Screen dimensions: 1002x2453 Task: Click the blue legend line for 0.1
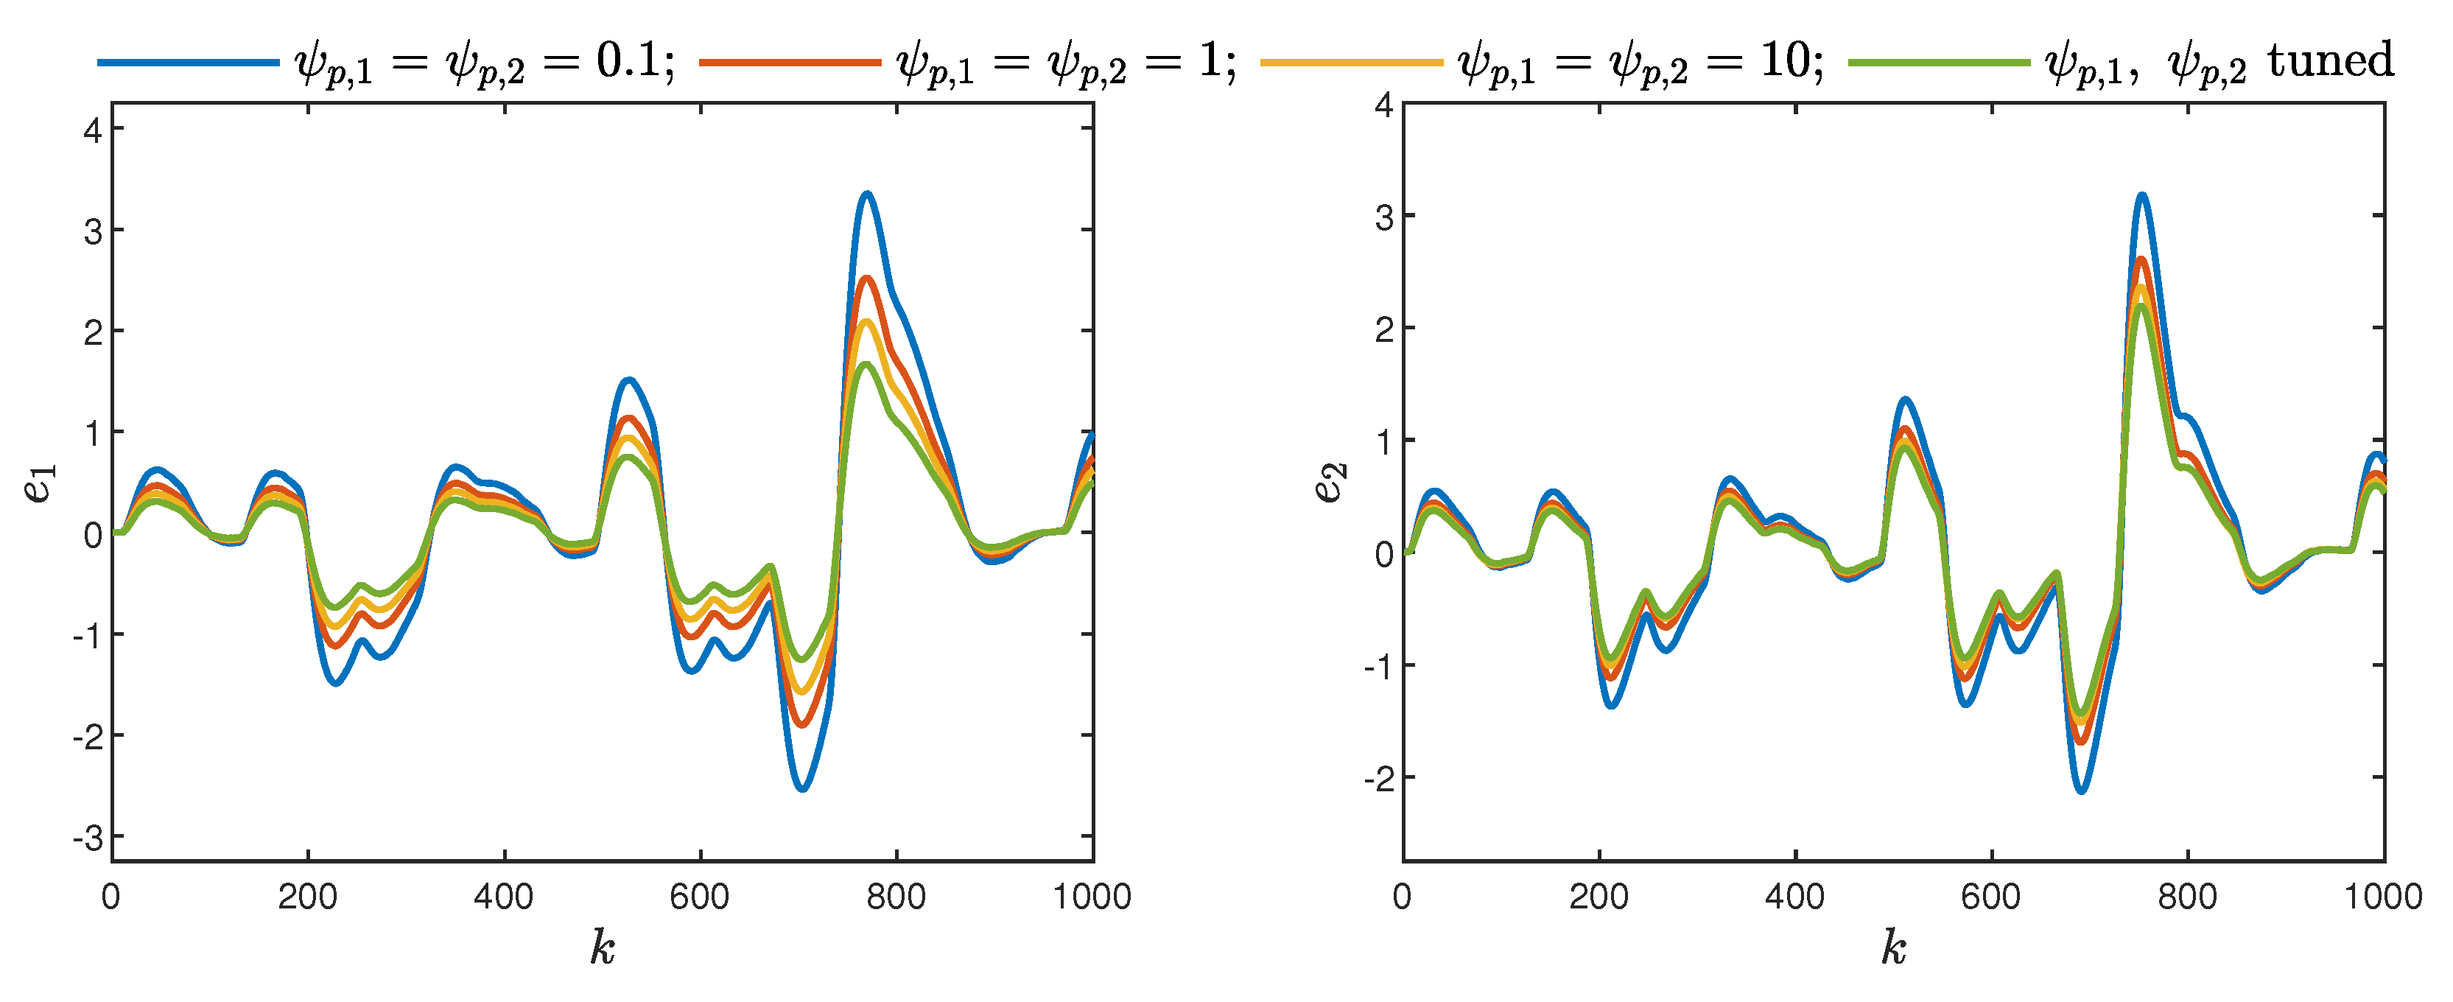[189, 62]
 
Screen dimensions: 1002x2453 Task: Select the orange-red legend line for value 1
[790, 62]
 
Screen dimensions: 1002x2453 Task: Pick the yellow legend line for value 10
[1352, 62]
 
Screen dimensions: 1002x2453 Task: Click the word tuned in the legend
[2329, 61]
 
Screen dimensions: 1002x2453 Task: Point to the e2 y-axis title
[1330, 482]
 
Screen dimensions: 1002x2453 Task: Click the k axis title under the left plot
[602, 947]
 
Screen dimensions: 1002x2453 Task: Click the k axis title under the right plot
[1893, 947]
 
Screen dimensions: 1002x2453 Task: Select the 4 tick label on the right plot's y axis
[1383, 105]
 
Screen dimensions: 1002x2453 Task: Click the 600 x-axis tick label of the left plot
[700, 897]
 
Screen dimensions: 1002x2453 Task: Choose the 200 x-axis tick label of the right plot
[1599, 897]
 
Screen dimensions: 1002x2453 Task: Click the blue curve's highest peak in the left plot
[866, 195]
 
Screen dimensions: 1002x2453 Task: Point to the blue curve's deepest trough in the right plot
[2082, 791]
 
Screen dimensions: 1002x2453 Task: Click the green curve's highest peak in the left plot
[866, 365]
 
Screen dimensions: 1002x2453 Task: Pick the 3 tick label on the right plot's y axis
[1383, 217]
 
